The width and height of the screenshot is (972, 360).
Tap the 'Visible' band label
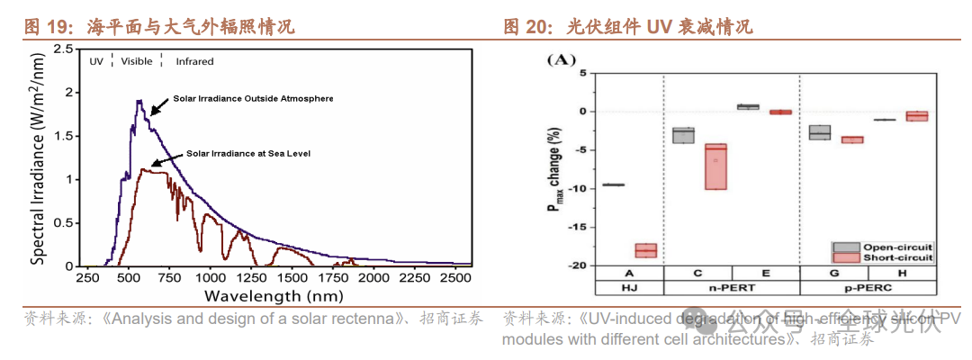136,61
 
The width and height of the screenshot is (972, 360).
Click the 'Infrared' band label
194,61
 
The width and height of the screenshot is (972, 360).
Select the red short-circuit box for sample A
646,250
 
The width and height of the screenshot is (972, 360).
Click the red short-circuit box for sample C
715,166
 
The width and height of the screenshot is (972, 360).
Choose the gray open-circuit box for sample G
819,132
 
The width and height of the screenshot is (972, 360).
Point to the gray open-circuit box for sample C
684,135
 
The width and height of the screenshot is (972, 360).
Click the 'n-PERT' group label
732,288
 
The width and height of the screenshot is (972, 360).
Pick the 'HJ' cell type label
629,288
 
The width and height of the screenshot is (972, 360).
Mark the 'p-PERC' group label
870,288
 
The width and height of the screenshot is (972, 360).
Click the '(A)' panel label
560,59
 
